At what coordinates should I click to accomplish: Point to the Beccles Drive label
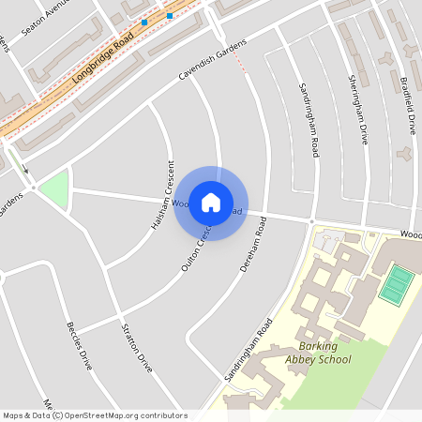point(79,346)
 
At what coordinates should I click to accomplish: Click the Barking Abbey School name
point(318,353)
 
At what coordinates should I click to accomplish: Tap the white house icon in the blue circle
point(211,203)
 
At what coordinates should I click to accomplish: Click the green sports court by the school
point(398,283)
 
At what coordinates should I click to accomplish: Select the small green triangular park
point(55,189)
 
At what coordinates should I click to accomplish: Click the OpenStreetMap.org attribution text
point(126,415)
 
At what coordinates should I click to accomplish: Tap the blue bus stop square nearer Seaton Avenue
point(144,22)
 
